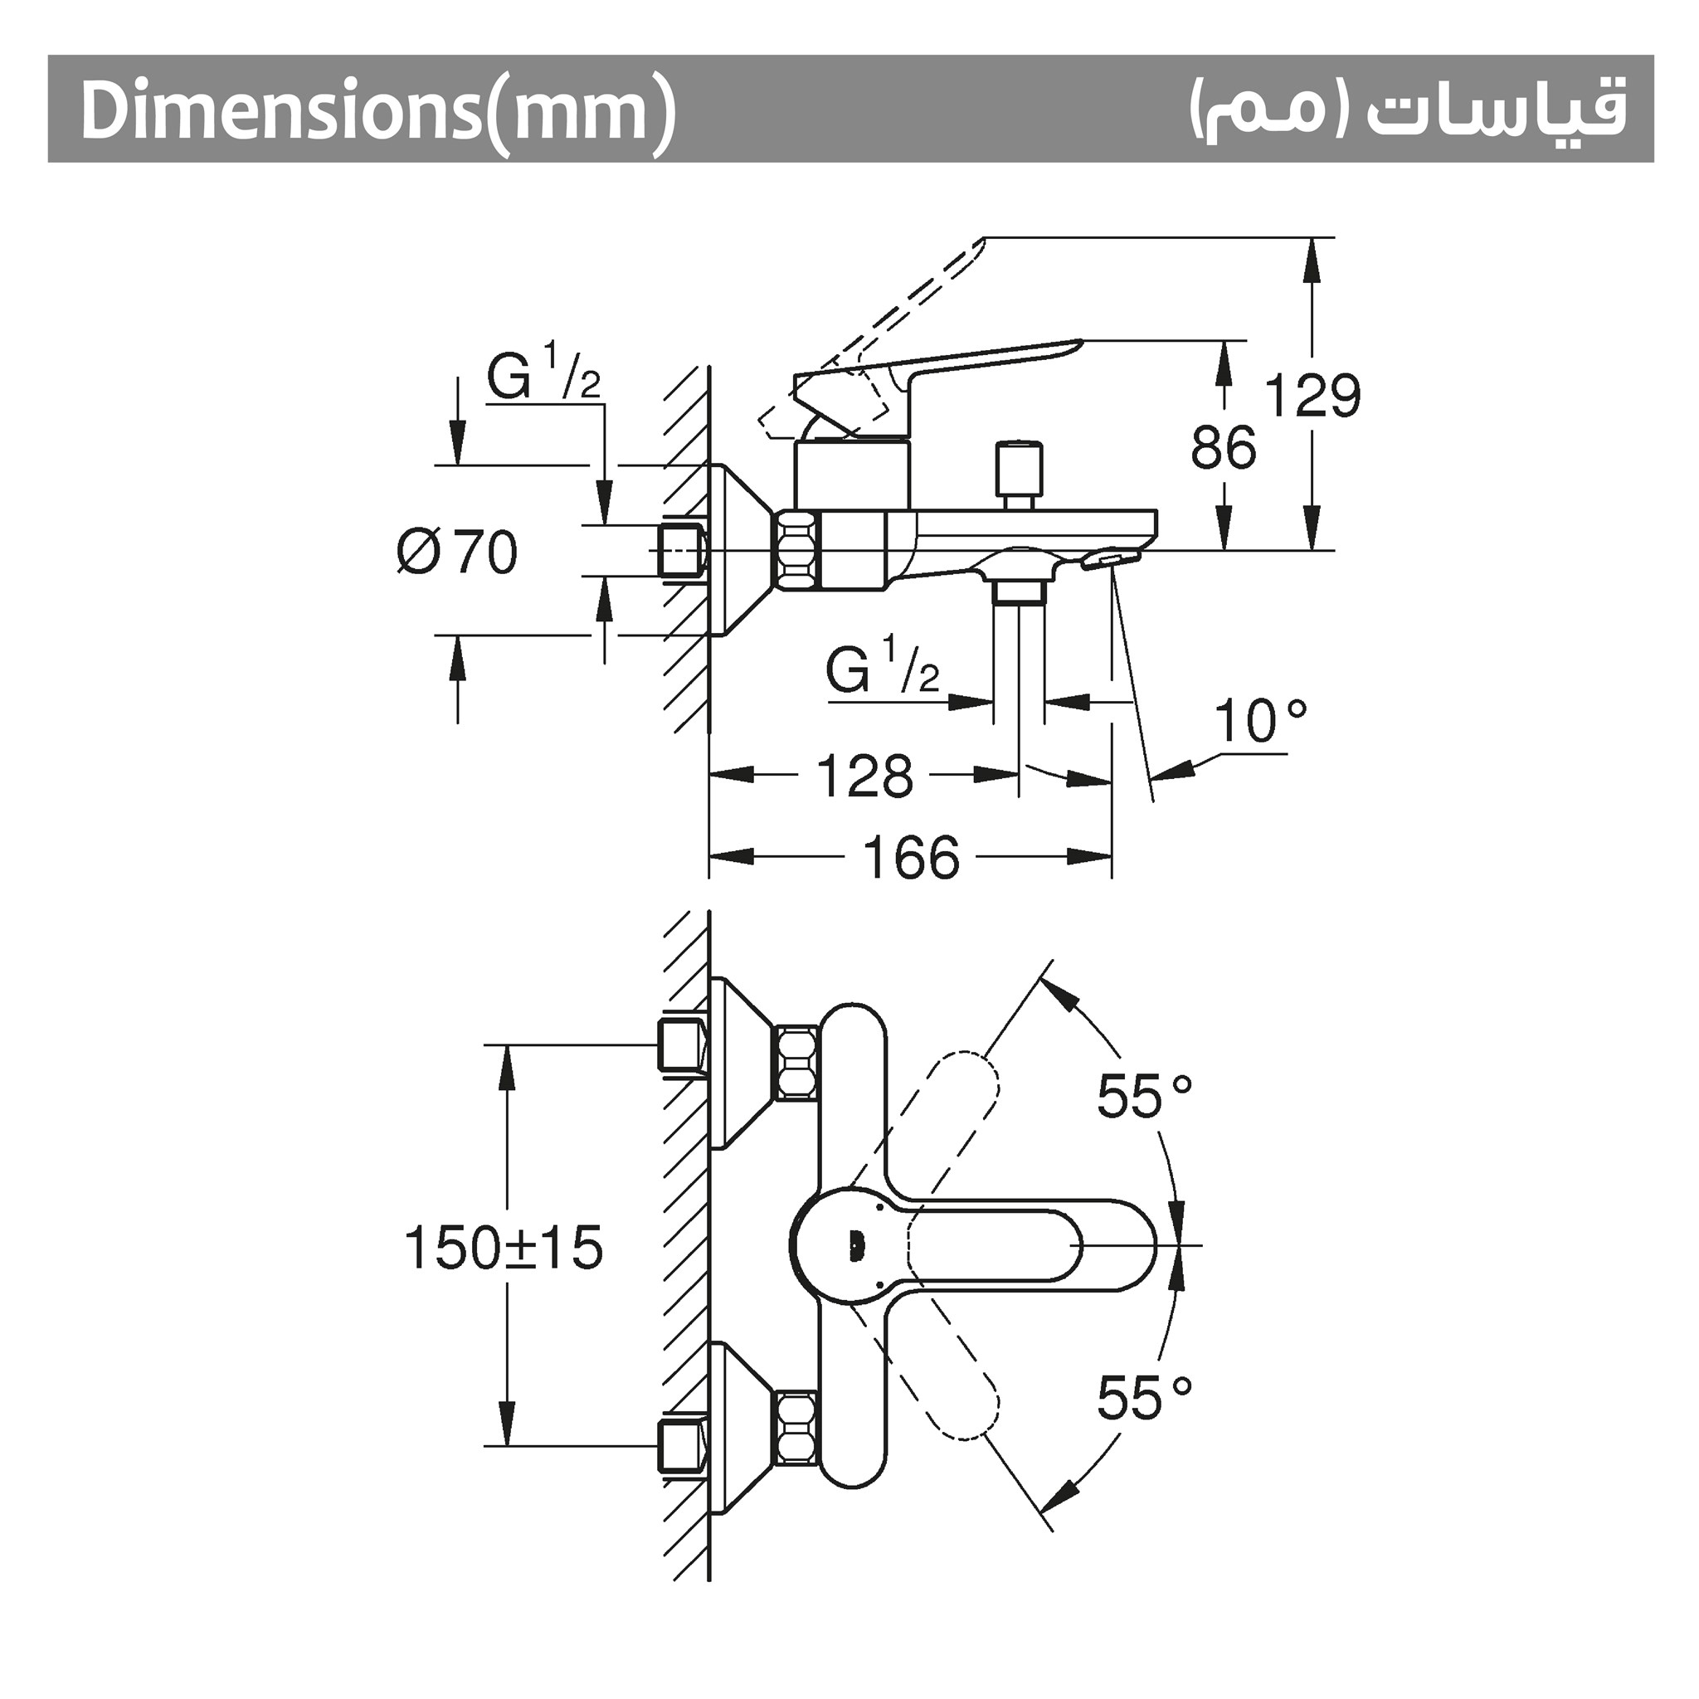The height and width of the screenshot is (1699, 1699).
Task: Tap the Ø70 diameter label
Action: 457,553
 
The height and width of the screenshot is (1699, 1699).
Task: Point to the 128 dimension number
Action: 864,776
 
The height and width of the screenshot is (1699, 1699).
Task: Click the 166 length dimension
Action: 911,858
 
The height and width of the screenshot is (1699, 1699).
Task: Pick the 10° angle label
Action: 1260,721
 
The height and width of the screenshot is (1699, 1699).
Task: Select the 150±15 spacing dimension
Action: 503,1248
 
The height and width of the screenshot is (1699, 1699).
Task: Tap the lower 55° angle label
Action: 1144,1397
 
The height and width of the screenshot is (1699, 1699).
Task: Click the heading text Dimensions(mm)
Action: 378,111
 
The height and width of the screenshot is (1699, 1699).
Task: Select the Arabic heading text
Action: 1407,111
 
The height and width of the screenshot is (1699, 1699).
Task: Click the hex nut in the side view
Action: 796,552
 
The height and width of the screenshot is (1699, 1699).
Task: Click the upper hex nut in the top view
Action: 796,1064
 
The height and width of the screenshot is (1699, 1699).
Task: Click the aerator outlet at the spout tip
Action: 1111,559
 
